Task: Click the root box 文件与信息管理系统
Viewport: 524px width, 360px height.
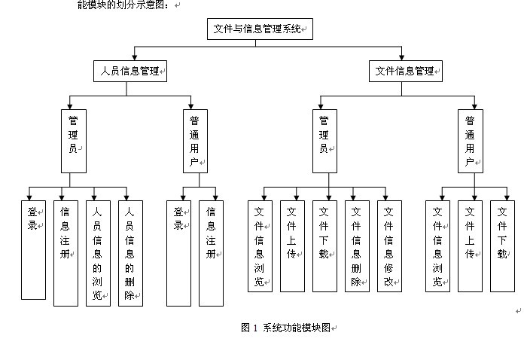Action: tap(260, 29)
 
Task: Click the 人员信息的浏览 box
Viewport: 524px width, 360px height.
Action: tap(98, 253)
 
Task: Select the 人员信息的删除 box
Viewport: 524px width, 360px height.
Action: tap(130, 253)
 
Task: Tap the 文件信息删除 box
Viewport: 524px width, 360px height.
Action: tap(358, 246)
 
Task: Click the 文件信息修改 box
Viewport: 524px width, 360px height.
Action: tap(390, 246)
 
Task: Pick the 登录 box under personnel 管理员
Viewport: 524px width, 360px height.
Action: tap(33, 249)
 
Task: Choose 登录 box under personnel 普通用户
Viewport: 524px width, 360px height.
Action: tap(178, 253)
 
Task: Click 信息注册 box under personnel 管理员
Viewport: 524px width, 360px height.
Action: tap(65, 253)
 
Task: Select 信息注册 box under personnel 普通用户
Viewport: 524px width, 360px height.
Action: tap(212, 253)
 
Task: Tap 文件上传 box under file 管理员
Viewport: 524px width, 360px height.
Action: tap(292, 246)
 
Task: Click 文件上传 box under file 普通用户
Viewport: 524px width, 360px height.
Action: tap(470, 246)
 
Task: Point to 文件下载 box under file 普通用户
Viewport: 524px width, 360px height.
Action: tap(502, 246)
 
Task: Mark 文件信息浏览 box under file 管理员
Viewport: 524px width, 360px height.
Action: tap(260, 246)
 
